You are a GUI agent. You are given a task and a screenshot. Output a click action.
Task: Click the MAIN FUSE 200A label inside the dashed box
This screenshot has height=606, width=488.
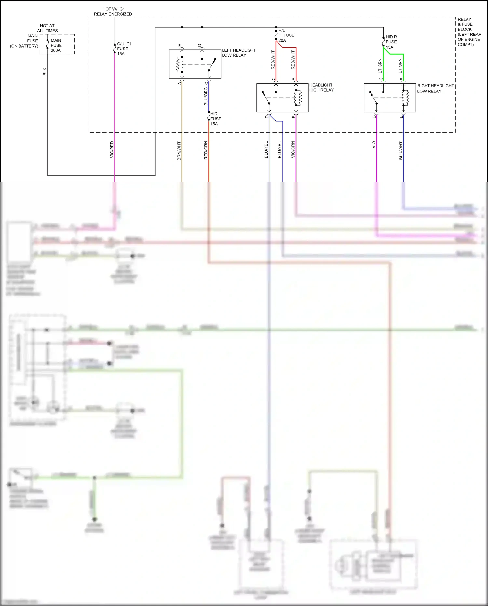(56, 46)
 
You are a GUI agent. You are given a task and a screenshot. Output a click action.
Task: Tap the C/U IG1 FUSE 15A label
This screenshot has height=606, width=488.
(124, 49)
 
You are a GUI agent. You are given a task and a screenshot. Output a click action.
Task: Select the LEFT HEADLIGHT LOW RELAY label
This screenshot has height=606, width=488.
(238, 53)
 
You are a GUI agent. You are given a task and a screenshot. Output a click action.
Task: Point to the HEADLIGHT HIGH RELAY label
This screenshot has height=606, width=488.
(321, 88)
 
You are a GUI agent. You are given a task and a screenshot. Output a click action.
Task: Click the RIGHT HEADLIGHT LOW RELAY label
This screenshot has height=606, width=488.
(435, 88)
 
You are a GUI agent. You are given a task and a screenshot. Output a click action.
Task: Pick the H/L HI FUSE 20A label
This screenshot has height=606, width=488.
(286, 35)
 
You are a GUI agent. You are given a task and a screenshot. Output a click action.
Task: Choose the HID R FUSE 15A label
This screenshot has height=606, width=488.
(391, 42)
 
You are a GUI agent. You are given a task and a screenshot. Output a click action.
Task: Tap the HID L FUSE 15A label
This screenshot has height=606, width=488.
(215, 119)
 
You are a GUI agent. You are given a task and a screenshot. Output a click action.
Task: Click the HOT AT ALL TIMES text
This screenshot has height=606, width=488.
(47, 28)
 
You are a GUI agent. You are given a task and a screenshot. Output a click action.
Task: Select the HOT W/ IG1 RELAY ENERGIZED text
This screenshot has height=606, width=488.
(113, 12)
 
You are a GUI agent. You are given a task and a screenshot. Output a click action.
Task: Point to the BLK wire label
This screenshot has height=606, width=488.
(45, 72)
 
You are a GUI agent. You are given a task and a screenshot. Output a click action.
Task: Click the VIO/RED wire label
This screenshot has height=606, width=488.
(112, 150)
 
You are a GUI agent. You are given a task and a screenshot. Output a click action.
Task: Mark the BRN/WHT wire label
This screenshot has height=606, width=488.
(179, 151)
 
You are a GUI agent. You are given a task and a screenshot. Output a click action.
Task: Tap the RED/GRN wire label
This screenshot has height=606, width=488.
(206, 150)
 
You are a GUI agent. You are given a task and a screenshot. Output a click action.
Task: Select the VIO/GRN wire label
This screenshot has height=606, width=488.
(293, 150)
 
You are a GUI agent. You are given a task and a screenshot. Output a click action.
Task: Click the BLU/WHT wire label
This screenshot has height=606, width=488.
(401, 150)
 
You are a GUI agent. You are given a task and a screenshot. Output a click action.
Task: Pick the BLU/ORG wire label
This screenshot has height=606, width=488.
(206, 96)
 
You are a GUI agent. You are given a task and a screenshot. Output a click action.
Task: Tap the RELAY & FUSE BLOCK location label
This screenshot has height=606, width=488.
(469, 32)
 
